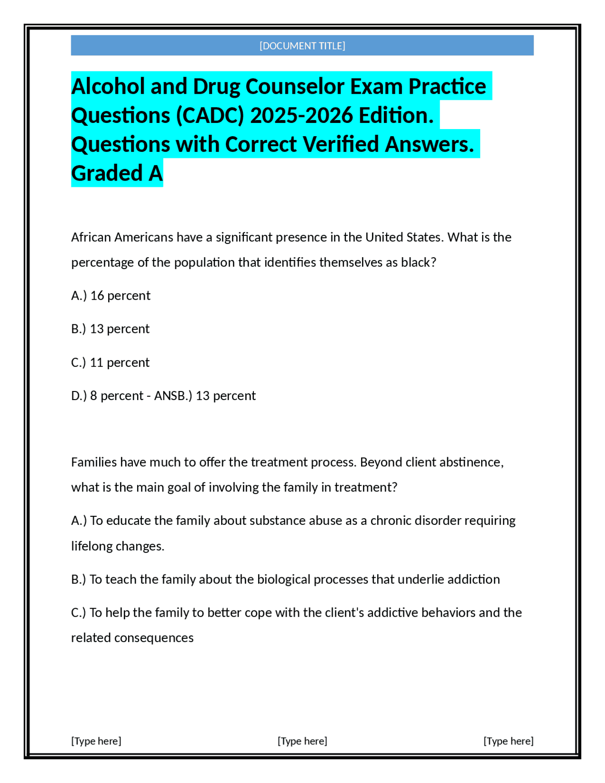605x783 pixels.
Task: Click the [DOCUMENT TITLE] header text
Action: point(302,46)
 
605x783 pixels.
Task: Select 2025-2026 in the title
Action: point(301,115)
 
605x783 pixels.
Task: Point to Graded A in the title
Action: point(117,173)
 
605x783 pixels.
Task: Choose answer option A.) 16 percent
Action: point(111,296)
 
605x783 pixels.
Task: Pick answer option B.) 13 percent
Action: point(110,329)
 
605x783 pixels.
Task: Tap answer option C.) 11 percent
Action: point(110,362)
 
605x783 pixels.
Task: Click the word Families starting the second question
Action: point(94,462)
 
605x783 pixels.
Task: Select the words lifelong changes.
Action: point(118,546)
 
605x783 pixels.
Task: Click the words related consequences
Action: point(132,638)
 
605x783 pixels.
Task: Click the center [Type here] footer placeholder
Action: point(302,741)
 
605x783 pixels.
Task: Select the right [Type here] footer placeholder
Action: point(508,741)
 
